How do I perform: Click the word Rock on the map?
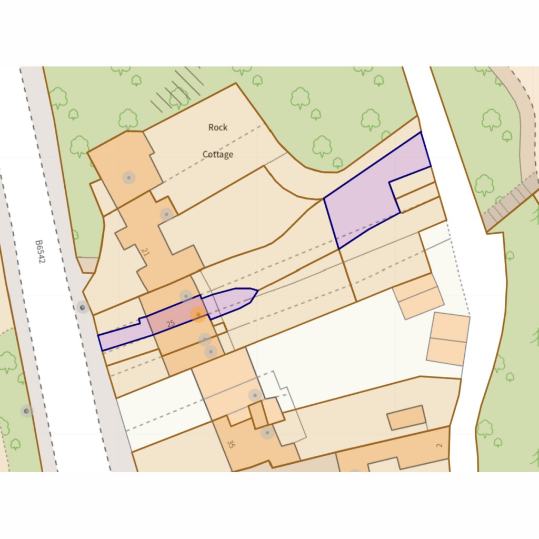(x=218, y=127)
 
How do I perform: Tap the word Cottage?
(x=218, y=155)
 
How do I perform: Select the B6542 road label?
(x=40, y=252)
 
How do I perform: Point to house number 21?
(x=146, y=253)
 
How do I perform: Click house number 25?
(x=170, y=324)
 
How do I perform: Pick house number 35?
(x=230, y=444)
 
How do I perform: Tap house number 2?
(x=440, y=445)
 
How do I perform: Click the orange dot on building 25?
(x=198, y=315)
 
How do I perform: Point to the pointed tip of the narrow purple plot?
(x=257, y=290)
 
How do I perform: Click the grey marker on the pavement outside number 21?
(x=82, y=307)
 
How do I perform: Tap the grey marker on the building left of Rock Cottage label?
(x=129, y=177)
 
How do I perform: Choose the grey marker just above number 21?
(x=167, y=214)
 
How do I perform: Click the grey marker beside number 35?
(x=267, y=433)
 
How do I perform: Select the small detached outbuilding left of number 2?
(x=406, y=417)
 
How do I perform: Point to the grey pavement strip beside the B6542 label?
(x=63, y=253)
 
